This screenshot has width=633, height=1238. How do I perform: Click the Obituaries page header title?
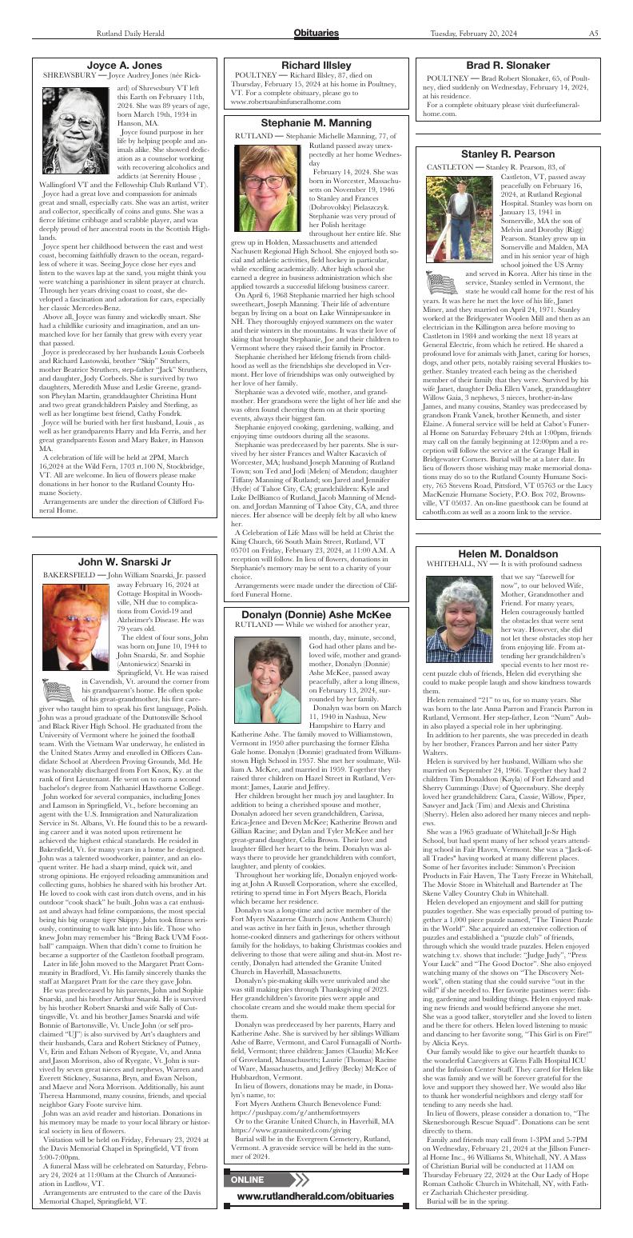tap(316, 33)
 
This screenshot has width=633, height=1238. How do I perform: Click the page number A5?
tap(595, 34)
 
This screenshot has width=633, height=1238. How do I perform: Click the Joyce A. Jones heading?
tap(124, 65)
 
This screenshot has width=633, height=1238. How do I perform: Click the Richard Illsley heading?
tap(316, 65)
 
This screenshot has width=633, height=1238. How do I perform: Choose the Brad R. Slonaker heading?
tap(508, 65)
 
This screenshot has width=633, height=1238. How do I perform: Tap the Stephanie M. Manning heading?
tap(316, 123)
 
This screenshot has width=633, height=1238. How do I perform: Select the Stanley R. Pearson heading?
tap(508, 154)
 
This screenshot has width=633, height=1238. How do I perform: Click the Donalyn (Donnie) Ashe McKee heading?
tap(316, 613)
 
